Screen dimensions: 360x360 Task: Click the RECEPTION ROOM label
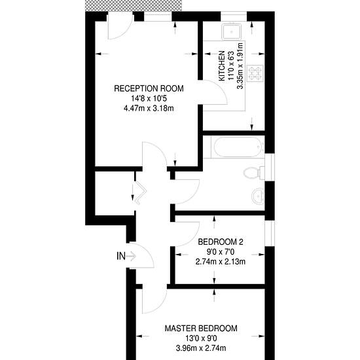(x=149, y=88)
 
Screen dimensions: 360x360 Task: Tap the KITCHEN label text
(x=221, y=66)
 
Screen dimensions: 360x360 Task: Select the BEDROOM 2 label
(x=221, y=242)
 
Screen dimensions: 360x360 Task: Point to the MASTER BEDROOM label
(x=201, y=329)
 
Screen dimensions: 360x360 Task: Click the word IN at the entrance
(x=121, y=256)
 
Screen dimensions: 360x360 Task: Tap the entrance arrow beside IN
(x=132, y=256)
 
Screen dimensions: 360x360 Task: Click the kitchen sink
(x=232, y=31)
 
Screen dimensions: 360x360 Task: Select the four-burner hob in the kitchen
(x=256, y=73)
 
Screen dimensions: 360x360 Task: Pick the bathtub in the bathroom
(x=238, y=147)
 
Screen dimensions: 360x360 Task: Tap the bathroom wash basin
(x=258, y=196)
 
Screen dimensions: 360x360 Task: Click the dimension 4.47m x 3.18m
(x=149, y=108)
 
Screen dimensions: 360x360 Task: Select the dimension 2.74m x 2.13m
(x=221, y=262)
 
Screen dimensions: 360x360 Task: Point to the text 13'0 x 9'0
(x=201, y=338)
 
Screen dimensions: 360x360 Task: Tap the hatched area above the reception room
(x=134, y=5)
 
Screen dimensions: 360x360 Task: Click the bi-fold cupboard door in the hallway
(x=140, y=193)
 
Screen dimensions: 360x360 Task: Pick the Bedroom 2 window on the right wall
(x=270, y=233)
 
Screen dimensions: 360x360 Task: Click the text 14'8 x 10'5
(x=149, y=99)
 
